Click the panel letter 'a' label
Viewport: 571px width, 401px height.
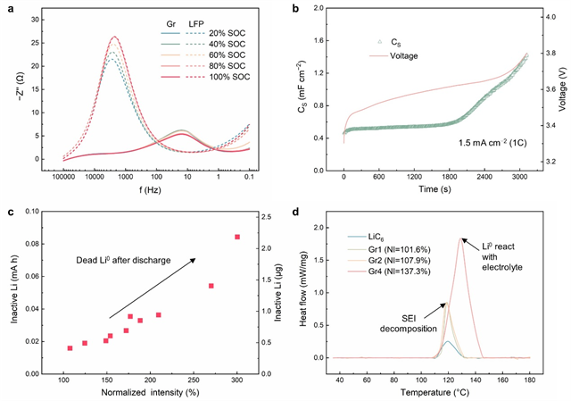7,9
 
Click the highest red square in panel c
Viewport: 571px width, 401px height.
237,237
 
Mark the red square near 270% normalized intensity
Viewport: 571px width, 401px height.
211,286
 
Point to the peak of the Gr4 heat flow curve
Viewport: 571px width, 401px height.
460,238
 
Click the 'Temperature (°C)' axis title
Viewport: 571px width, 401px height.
434,390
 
